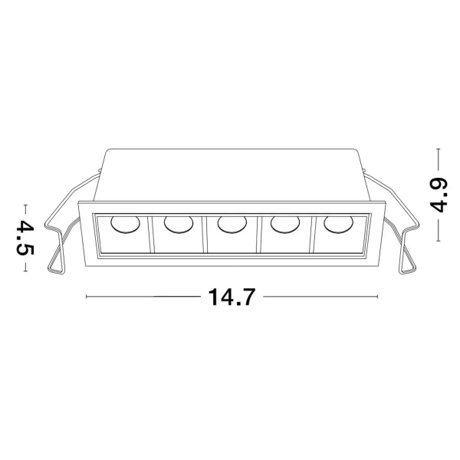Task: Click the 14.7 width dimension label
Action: (x=231, y=296)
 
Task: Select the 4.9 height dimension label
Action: (x=439, y=195)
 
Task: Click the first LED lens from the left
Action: (x=123, y=225)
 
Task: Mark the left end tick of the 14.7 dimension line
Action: (x=86, y=296)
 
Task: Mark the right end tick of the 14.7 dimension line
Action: (x=377, y=296)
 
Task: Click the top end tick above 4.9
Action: (x=439, y=149)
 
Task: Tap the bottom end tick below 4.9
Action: (x=439, y=239)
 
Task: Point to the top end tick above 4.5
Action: (x=26, y=206)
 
